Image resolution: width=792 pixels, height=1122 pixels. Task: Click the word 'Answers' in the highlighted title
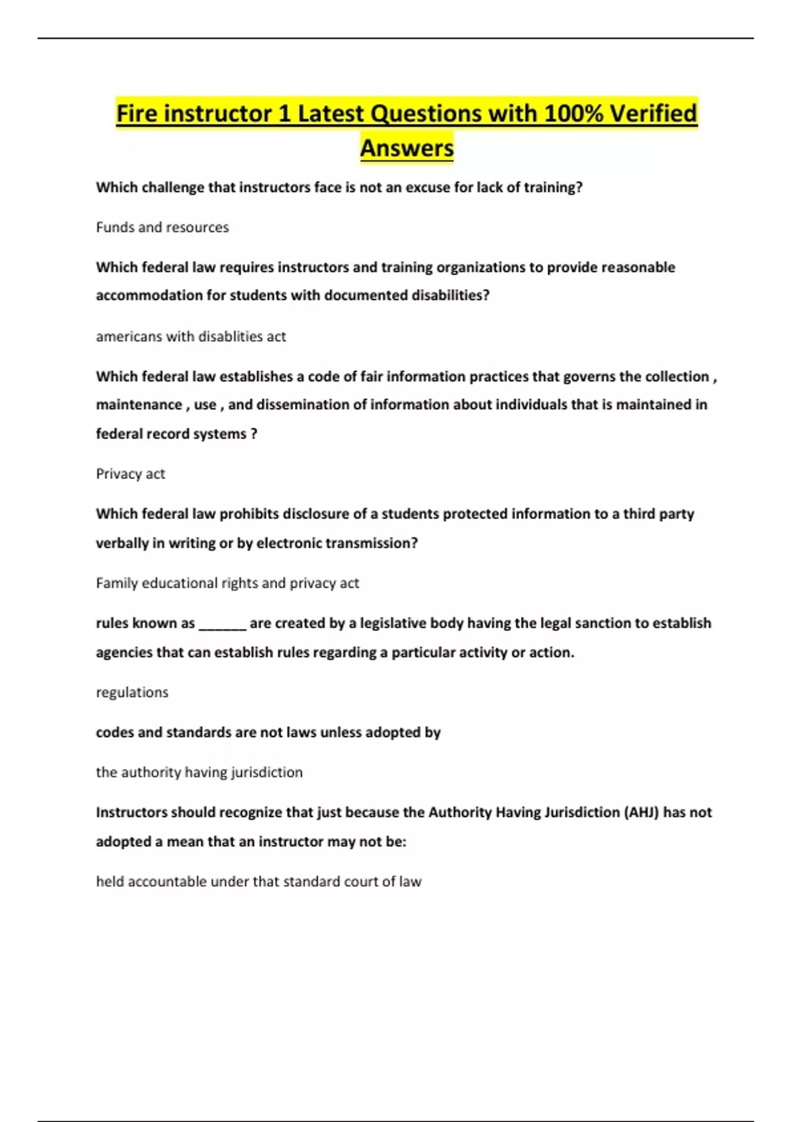click(x=407, y=148)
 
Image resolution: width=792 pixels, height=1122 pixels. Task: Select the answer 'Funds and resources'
click(x=162, y=227)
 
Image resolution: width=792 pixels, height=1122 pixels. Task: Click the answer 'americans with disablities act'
click(x=191, y=337)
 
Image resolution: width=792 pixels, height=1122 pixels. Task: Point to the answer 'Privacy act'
click(x=130, y=474)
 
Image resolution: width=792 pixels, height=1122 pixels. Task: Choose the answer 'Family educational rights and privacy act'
click(x=227, y=583)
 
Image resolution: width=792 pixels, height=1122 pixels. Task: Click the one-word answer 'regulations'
click(x=132, y=692)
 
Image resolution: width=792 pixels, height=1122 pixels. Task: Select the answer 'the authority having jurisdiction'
click(x=199, y=772)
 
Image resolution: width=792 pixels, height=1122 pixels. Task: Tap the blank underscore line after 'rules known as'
click(x=222, y=624)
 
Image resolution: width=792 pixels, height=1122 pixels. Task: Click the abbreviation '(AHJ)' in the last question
click(x=641, y=812)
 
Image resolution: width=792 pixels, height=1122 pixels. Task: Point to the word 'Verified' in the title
click(x=653, y=114)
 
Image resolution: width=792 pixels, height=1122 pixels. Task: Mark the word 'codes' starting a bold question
click(x=114, y=733)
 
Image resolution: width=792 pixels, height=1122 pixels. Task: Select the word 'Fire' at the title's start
click(x=137, y=114)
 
